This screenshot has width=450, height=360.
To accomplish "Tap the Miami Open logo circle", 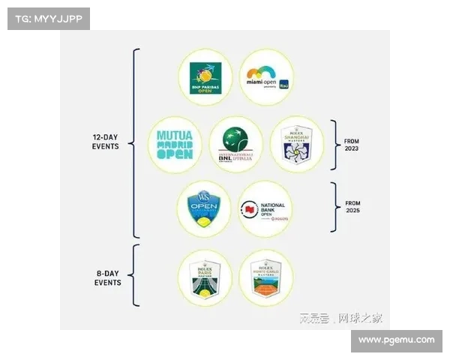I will (x=266, y=77).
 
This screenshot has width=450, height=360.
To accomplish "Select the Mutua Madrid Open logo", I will (x=175, y=144).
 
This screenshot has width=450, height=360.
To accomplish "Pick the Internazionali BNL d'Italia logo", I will (x=235, y=144).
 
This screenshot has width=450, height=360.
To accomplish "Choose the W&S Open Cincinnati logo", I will (x=204, y=209).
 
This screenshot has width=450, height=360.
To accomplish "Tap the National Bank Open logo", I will (x=265, y=209).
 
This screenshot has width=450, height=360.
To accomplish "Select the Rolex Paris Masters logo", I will (x=204, y=277).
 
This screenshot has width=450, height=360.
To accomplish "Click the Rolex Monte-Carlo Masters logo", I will (x=265, y=277).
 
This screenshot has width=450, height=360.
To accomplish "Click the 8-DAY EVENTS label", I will (x=109, y=277).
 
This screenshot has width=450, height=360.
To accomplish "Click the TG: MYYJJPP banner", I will (x=47, y=18).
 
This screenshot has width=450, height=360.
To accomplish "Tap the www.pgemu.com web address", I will (x=396, y=340).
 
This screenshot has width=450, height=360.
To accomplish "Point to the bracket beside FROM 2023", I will (x=334, y=144).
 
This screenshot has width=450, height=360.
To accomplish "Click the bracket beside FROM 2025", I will (x=334, y=208).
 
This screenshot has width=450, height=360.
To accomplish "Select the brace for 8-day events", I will (x=135, y=276).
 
